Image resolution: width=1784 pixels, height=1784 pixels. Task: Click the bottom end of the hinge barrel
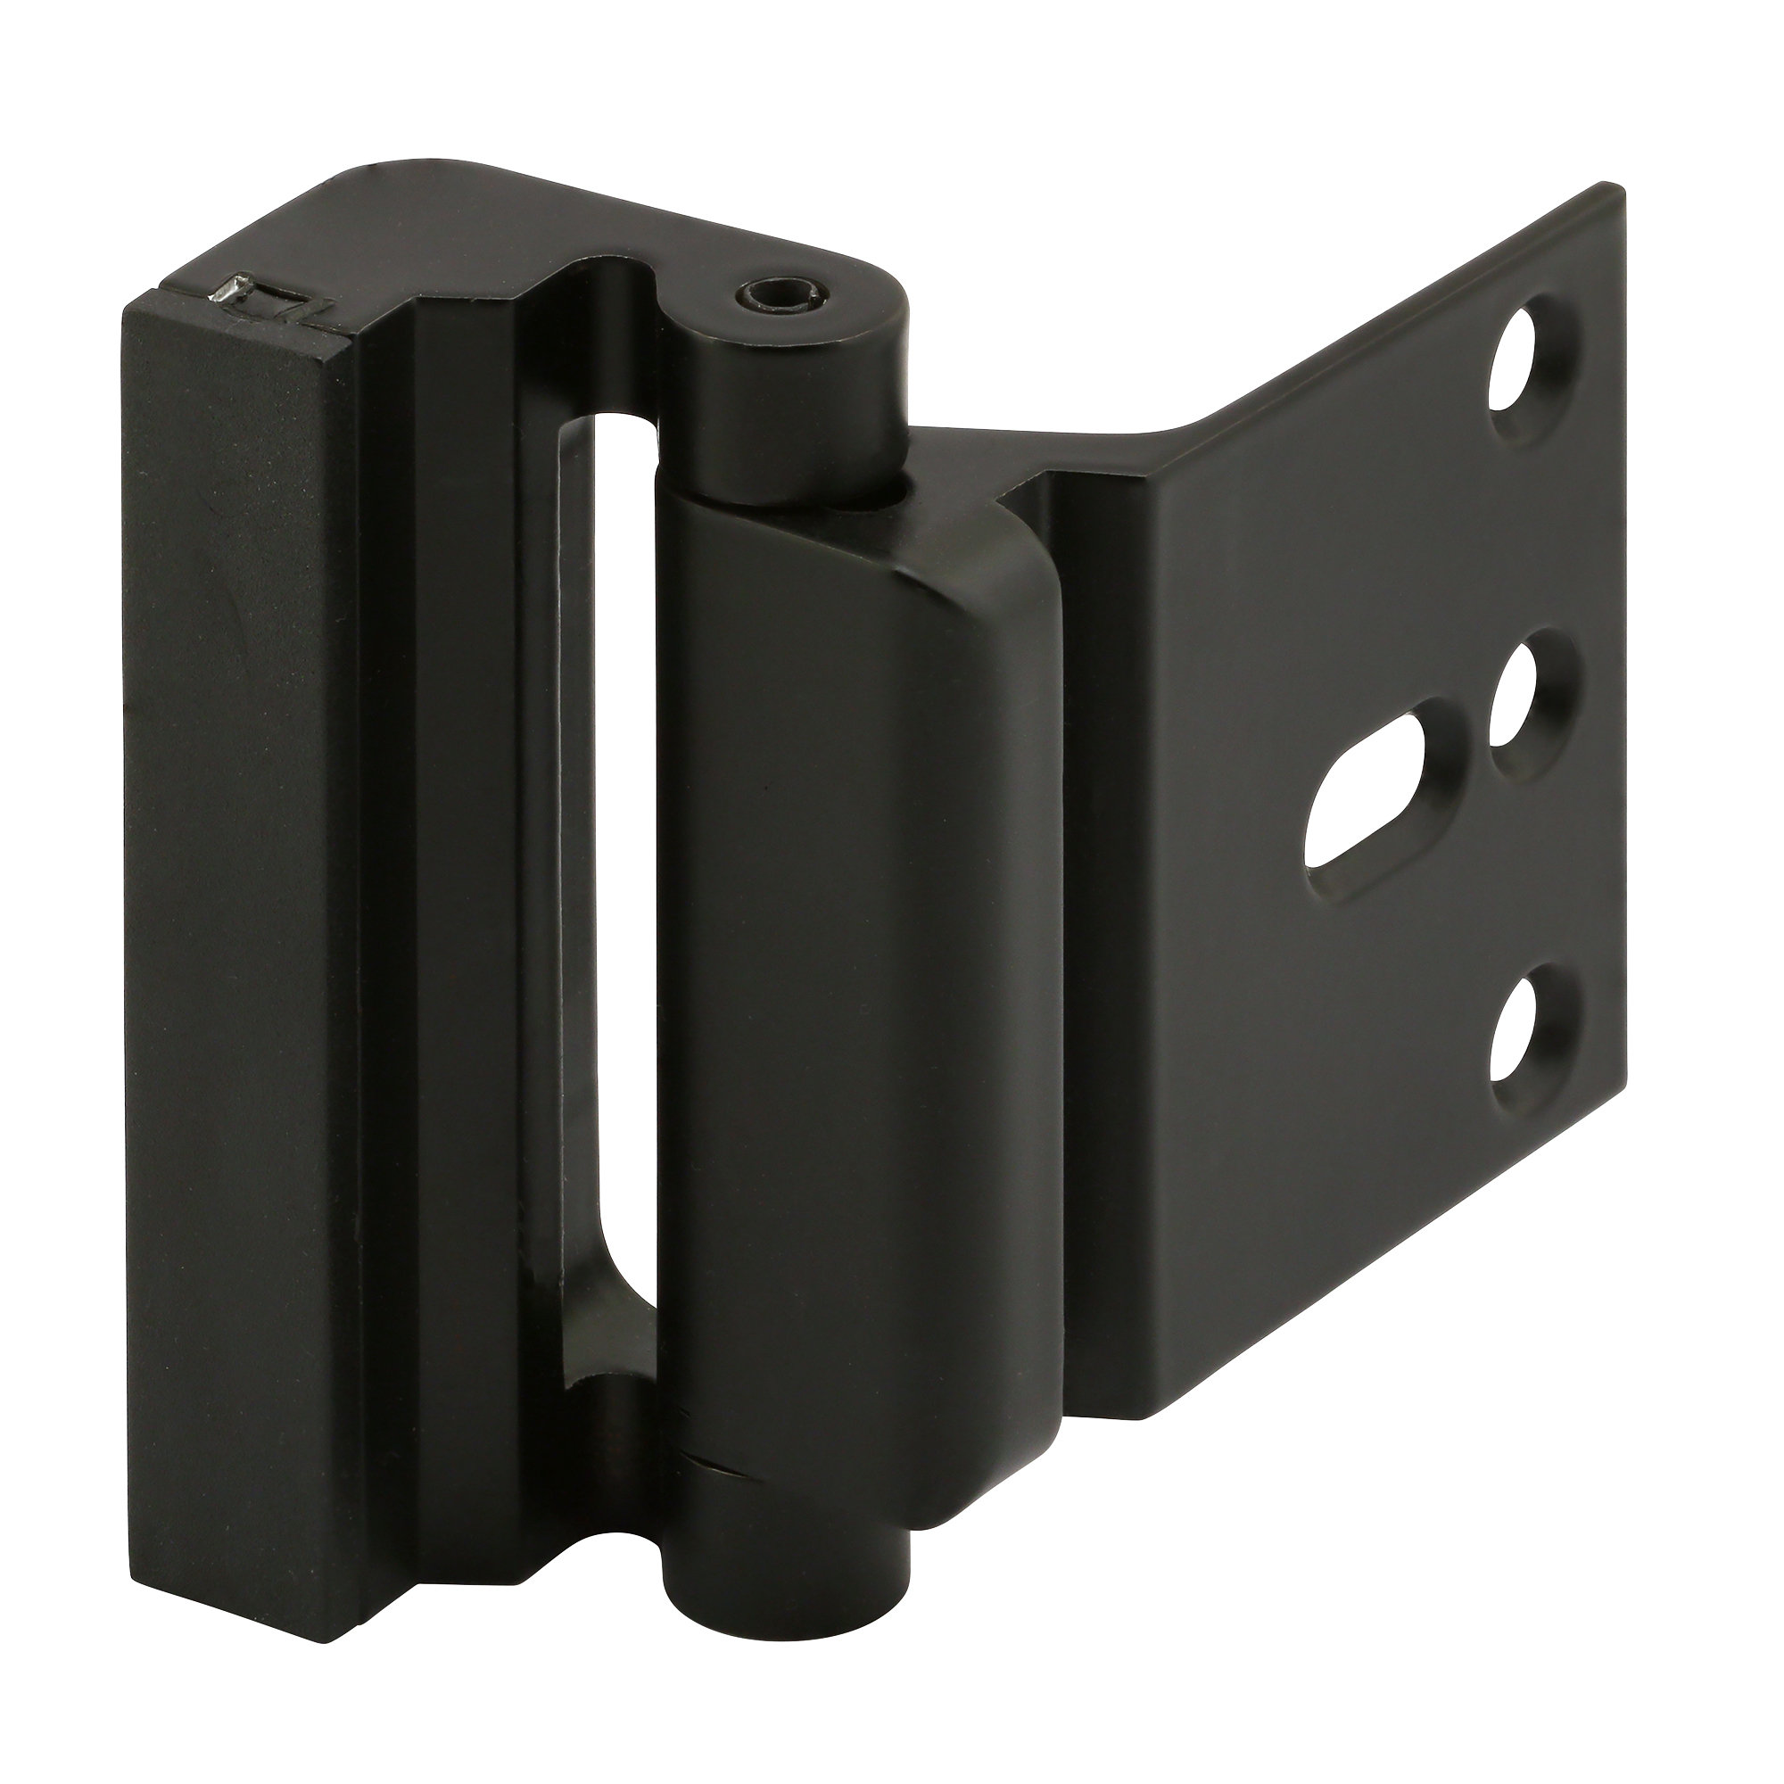point(785,1500)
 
